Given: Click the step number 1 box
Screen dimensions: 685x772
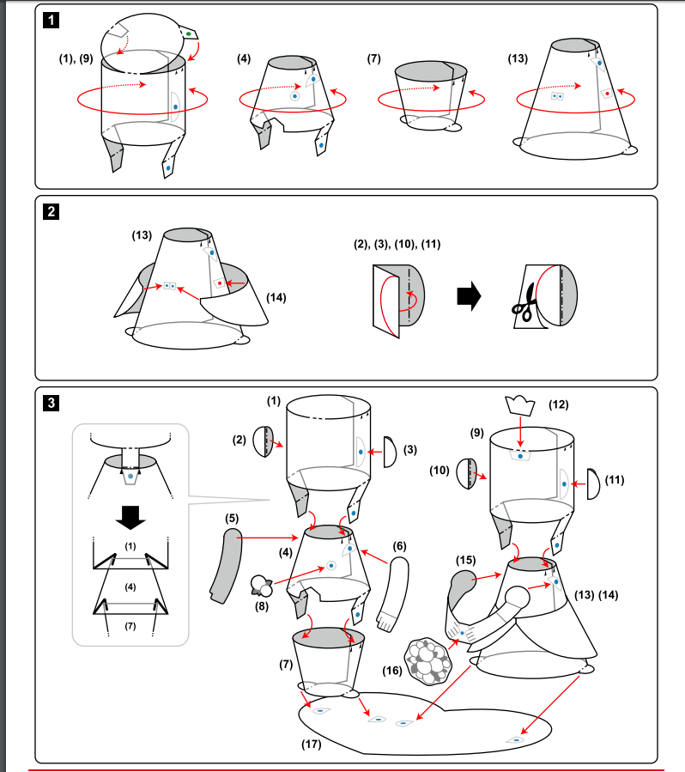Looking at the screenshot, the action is pyautogui.click(x=52, y=21).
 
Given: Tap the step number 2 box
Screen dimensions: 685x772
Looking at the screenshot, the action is pyautogui.click(x=52, y=212).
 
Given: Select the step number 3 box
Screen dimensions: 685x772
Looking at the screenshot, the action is pyautogui.click(x=52, y=403).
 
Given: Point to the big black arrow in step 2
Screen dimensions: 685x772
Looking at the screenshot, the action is pyautogui.click(x=469, y=296).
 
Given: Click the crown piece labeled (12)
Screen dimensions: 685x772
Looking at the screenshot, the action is pyautogui.click(x=519, y=405).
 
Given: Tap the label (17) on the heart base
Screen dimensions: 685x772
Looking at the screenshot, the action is pyautogui.click(x=311, y=744).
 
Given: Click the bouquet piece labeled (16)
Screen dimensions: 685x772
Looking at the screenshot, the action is pyautogui.click(x=427, y=661).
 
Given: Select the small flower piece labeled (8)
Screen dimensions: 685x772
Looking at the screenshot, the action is pyautogui.click(x=261, y=586).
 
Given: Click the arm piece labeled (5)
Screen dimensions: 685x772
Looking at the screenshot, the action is pyautogui.click(x=227, y=565).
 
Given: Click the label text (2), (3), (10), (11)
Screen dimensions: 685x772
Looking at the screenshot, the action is pyautogui.click(x=397, y=244).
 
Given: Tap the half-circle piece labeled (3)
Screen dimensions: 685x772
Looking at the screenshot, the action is pyautogui.click(x=391, y=452).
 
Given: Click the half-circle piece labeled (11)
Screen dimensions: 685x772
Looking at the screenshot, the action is pyautogui.click(x=593, y=483).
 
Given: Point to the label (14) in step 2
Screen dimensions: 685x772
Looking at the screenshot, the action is pyautogui.click(x=276, y=297).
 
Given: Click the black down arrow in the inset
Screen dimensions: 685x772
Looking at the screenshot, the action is pyautogui.click(x=130, y=518).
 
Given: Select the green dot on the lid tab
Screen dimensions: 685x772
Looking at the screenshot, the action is pyautogui.click(x=189, y=34).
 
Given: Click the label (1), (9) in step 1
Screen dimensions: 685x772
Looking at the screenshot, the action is pyautogui.click(x=76, y=58).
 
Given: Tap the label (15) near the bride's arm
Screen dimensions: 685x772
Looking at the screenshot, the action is pyautogui.click(x=465, y=560).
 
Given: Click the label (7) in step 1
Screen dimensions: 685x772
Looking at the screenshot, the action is pyautogui.click(x=374, y=58).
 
